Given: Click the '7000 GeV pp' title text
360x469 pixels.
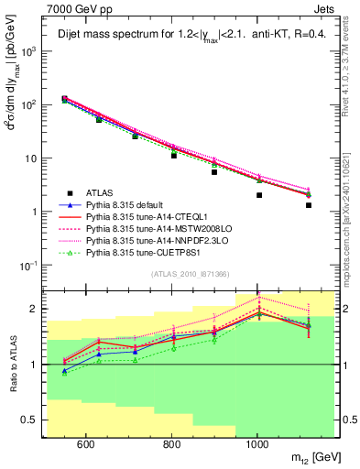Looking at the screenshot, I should click(x=74, y=8).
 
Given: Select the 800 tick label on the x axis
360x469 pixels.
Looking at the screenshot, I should click(x=171, y=445).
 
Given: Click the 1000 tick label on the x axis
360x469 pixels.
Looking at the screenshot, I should click(x=257, y=445).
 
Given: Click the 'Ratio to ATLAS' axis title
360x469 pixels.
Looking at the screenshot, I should click(x=11, y=364).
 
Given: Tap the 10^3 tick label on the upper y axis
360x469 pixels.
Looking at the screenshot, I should click(x=30, y=51).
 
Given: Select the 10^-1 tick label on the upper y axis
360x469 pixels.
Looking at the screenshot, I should click(x=30, y=265).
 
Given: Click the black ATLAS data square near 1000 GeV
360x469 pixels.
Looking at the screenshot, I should click(x=259, y=195).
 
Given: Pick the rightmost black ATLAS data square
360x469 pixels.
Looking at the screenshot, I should click(x=309, y=205).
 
